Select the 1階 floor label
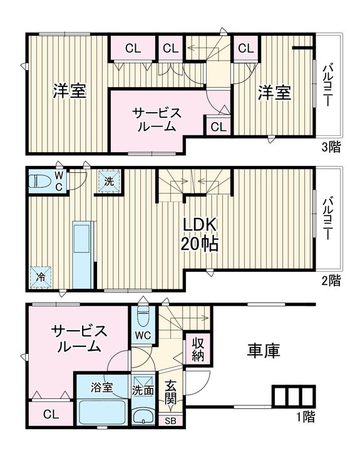(x=306, y=416)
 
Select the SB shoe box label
(x=170, y=421)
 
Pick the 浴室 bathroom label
(x=102, y=387)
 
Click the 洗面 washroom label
(x=143, y=389)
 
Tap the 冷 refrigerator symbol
(x=40, y=276)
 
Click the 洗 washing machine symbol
(x=109, y=182)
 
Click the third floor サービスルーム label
(x=157, y=119)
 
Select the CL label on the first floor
(x=51, y=414)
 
